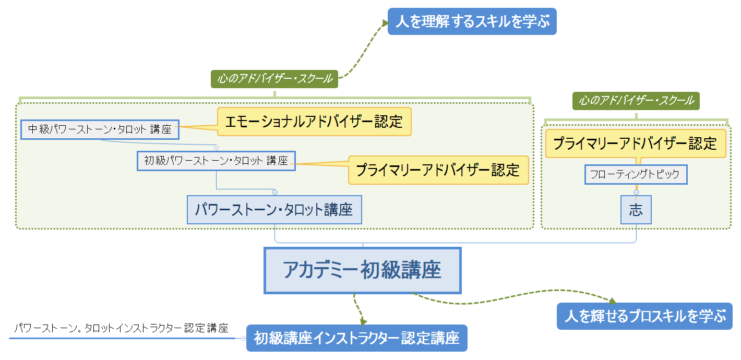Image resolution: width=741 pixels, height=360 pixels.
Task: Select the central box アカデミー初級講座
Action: tap(363, 270)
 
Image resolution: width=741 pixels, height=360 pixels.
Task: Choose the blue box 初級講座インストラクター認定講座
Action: tap(357, 338)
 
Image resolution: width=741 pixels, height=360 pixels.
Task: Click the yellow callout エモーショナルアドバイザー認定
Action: tap(314, 122)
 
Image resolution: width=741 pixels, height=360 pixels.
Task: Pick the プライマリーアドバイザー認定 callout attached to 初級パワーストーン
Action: tap(438, 170)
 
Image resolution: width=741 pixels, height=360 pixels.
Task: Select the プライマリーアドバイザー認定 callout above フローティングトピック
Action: tap(636, 143)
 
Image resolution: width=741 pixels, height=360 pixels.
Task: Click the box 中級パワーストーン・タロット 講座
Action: tap(100, 129)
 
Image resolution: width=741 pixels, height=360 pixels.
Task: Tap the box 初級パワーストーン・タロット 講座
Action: tap(216, 161)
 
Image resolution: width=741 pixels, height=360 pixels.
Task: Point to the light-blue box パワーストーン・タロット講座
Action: tap(274, 210)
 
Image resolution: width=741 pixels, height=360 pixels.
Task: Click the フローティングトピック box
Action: tap(636, 174)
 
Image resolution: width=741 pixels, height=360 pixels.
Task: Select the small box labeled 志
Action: tap(636, 210)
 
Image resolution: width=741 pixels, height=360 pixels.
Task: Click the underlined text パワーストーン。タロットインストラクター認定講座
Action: tap(121, 329)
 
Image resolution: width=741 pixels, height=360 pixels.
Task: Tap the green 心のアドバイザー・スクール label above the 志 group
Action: tap(636, 100)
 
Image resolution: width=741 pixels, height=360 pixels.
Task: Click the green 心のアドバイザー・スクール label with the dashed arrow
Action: tap(274, 79)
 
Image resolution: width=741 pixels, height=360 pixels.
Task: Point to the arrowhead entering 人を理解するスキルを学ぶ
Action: tap(385, 23)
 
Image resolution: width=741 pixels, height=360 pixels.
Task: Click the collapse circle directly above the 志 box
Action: tap(636, 193)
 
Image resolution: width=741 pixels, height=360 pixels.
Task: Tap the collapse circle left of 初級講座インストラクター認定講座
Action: tap(243, 338)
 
